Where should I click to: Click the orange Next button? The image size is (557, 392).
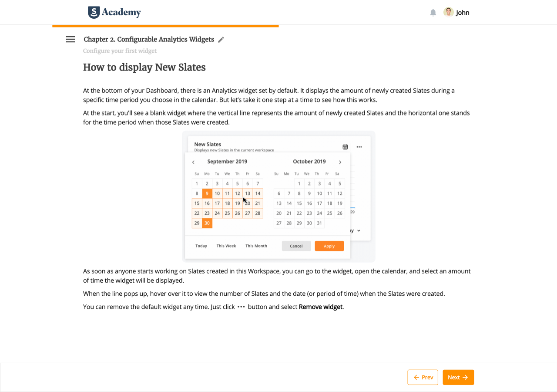click(458, 377)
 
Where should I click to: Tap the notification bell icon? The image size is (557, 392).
click(433, 13)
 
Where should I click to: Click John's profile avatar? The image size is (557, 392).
click(448, 12)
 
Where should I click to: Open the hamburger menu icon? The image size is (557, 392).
click(70, 39)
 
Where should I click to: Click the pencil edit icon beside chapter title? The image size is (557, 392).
click(221, 40)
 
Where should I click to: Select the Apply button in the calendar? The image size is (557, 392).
click(329, 246)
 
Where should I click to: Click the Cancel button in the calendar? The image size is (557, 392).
click(296, 246)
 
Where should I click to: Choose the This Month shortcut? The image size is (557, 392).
click(256, 246)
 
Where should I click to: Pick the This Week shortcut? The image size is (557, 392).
click(226, 246)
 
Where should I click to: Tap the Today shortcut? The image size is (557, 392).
click(201, 246)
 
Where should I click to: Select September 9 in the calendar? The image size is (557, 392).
click(207, 193)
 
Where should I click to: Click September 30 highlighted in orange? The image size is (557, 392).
click(207, 223)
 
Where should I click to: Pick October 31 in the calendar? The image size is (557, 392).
click(319, 223)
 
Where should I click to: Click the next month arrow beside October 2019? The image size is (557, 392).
click(340, 162)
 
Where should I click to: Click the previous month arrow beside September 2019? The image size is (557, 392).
click(193, 162)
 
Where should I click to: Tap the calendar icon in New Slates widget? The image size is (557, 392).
click(345, 147)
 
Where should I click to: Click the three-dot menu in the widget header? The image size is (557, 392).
click(359, 147)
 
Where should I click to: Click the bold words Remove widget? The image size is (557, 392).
click(321, 307)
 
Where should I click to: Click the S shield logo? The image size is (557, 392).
click(94, 12)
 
